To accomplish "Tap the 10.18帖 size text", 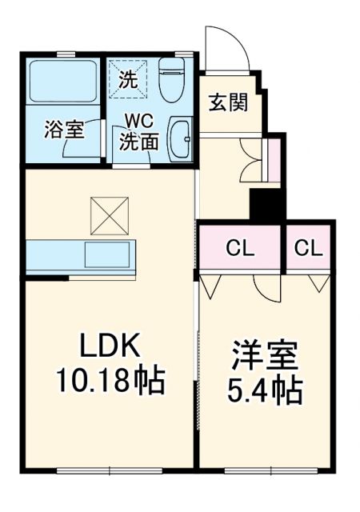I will click(110, 381).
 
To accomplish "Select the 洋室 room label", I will click(265, 355).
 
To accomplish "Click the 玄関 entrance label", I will click(228, 103).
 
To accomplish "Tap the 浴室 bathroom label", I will click(64, 130).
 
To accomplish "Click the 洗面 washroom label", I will click(138, 142).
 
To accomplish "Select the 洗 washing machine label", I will click(128, 79).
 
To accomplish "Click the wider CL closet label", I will click(239, 248).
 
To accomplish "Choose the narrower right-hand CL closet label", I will click(308, 248).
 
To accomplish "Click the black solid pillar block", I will click(268, 205).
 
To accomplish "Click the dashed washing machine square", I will click(130, 78).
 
